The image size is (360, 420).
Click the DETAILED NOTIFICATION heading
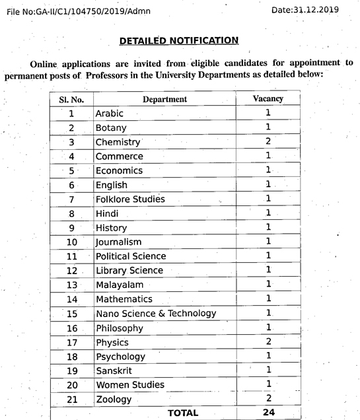point(178,40)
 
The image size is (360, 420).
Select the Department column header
point(164,99)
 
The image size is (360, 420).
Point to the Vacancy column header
point(268,98)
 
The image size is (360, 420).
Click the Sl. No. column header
point(72,99)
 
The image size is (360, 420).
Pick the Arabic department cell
point(109,114)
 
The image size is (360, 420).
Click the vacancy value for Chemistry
point(268,141)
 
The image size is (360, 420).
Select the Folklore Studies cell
point(130,199)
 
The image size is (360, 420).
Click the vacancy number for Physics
point(268,341)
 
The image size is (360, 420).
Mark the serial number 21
point(72,399)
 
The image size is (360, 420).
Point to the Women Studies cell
point(130,384)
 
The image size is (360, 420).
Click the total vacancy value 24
point(268,413)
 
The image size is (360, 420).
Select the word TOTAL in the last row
point(183,413)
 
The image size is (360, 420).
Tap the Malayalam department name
point(120,285)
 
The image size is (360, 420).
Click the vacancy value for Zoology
point(268,398)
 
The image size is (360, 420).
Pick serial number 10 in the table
point(72,242)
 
